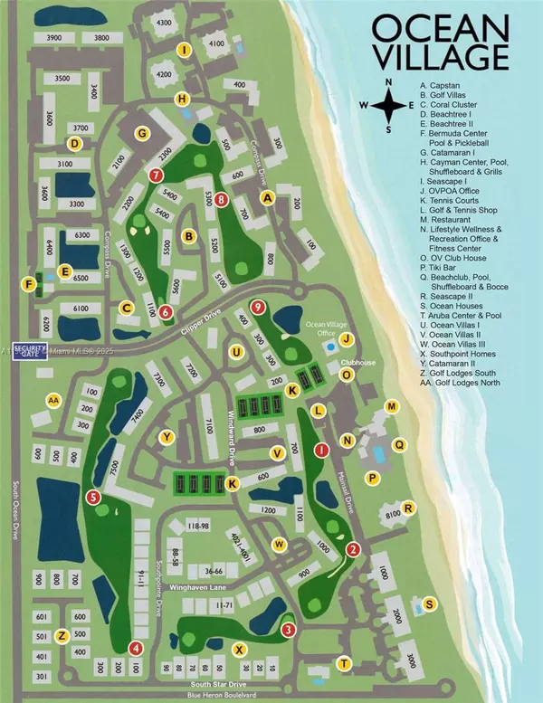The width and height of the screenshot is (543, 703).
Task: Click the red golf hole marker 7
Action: pos(157,175)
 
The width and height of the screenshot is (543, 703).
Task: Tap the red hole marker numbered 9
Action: pos(259,307)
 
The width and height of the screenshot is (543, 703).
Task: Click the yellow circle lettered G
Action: pos(141,134)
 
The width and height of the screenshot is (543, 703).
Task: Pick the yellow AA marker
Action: pos(53,399)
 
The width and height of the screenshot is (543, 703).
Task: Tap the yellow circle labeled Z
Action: pos(61,635)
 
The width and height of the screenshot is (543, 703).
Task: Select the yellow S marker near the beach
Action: pos(429,604)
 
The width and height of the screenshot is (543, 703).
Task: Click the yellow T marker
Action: pos(344,663)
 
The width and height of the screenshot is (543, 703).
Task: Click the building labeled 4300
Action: pos(163,22)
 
